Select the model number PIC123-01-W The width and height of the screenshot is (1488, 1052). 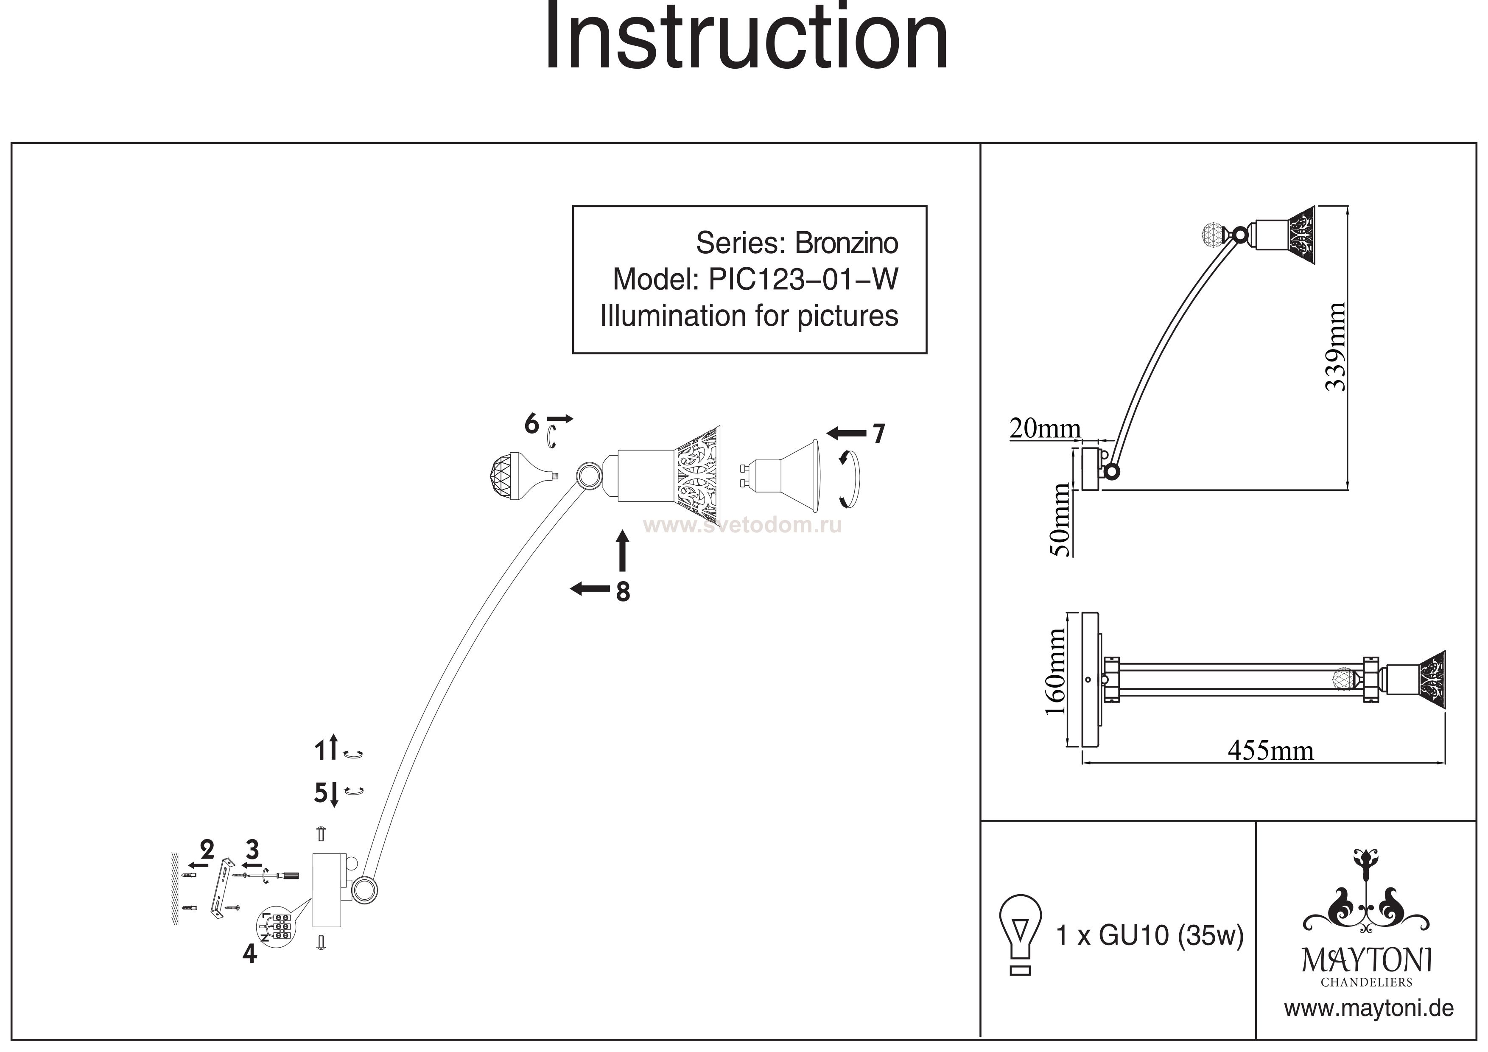pos(803,280)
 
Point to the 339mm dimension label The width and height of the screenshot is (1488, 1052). pos(1335,347)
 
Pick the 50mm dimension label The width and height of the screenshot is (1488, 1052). pos(1061,520)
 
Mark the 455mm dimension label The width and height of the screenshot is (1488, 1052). pos(1271,750)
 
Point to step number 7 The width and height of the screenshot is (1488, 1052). pos(878,434)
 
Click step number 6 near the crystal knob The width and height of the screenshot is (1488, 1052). pos(531,424)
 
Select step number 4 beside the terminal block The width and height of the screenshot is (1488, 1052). pos(249,954)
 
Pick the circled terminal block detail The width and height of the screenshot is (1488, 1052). pos(276,928)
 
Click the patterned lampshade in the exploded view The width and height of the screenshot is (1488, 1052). pos(699,476)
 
